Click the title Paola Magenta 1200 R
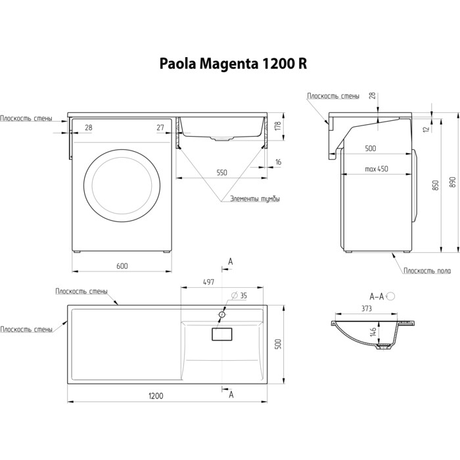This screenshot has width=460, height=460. (233, 64)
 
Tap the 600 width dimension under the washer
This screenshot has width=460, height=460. (122, 265)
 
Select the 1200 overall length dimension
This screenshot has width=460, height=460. (156, 396)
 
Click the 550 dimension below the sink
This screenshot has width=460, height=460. (222, 172)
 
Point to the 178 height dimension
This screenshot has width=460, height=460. (278, 126)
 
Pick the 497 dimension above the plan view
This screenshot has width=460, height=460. (208, 282)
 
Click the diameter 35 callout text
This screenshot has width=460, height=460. (239, 296)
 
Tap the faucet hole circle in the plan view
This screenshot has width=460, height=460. (222, 315)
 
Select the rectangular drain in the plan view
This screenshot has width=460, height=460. (222, 334)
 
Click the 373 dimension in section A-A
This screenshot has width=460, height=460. (367, 308)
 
